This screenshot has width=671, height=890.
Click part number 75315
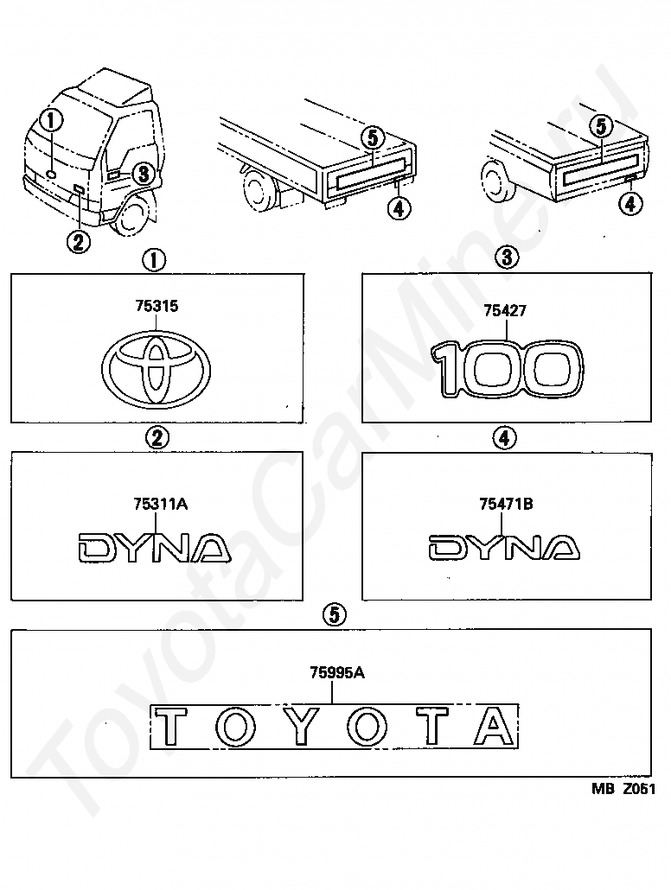pyautogui.click(x=157, y=306)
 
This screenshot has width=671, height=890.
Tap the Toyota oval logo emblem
pyautogui.click(x=157, y=369)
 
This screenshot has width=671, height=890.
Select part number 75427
pyautogui.click(x=505, y=310)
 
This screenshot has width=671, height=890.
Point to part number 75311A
pyautogui.click(x=161, y=504)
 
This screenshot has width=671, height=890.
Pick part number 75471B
pyautogui.click(x=506, y=504)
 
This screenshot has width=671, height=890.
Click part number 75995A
pyautogui.click(x=337, y=672)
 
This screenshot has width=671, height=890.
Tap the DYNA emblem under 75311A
pyautogui.click(x=154, y=548)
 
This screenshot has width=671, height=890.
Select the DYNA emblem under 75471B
pyautogui.click(x=503, y=547)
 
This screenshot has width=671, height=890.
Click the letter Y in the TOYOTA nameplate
pyautogui.click(x=297, y=726)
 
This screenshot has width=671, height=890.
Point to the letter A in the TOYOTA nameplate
pyautogui.click(x=494, y=726)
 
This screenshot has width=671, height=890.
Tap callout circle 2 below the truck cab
pyautogui.click(x=79, y=242)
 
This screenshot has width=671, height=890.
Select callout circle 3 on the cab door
pyautogui.click(x=144, y=174)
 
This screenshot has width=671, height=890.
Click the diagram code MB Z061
pyautogui.click(x=623, y=789)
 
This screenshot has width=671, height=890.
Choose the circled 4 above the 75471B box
pyautogui.click(x=505, y=438)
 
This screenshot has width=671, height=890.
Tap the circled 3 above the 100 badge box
pyautogui.click(x=507, y=257)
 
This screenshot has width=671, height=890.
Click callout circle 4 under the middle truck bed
pyautogui.click(x=399, y=209)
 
